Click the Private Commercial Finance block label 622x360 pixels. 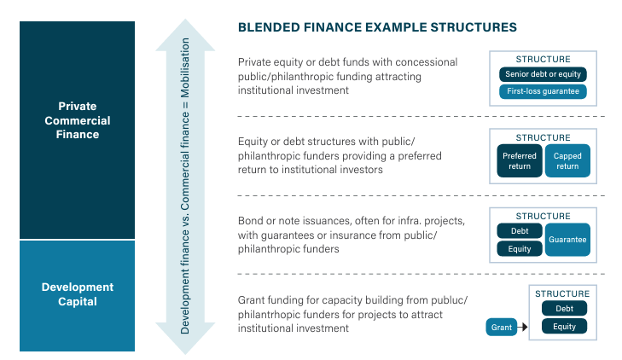pyautogui.click(x=78, y=120)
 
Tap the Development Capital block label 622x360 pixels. pyautogui.click(x=78, y=294)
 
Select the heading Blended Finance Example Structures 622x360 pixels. pyautogui.click(x=377, y=27)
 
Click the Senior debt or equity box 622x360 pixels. pyautogui.click(x=543, y=74)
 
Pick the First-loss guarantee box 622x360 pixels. pyautogui.click(x=543, y=91)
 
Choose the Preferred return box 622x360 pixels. pyautogui.click(x=519, y=161)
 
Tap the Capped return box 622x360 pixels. pyautogui.click(x=567, y=161)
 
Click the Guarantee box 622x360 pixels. pyautogui.click(x=567, y=240)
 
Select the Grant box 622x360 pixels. pyautogui.click(x=502, y=327)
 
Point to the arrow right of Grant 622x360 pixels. pyautogui.click(x=523, y=327)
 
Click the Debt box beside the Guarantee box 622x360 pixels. pyautogui.click(x=519, y=231)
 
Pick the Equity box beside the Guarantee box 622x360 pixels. pyautogui.click(x=519, y=249)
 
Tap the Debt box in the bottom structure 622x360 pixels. pyautogui.click(x=564, y=309)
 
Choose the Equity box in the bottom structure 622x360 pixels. pyautogui.click(x=564, y=326)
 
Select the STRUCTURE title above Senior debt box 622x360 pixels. pyautogui.click(x=543, y=59)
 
